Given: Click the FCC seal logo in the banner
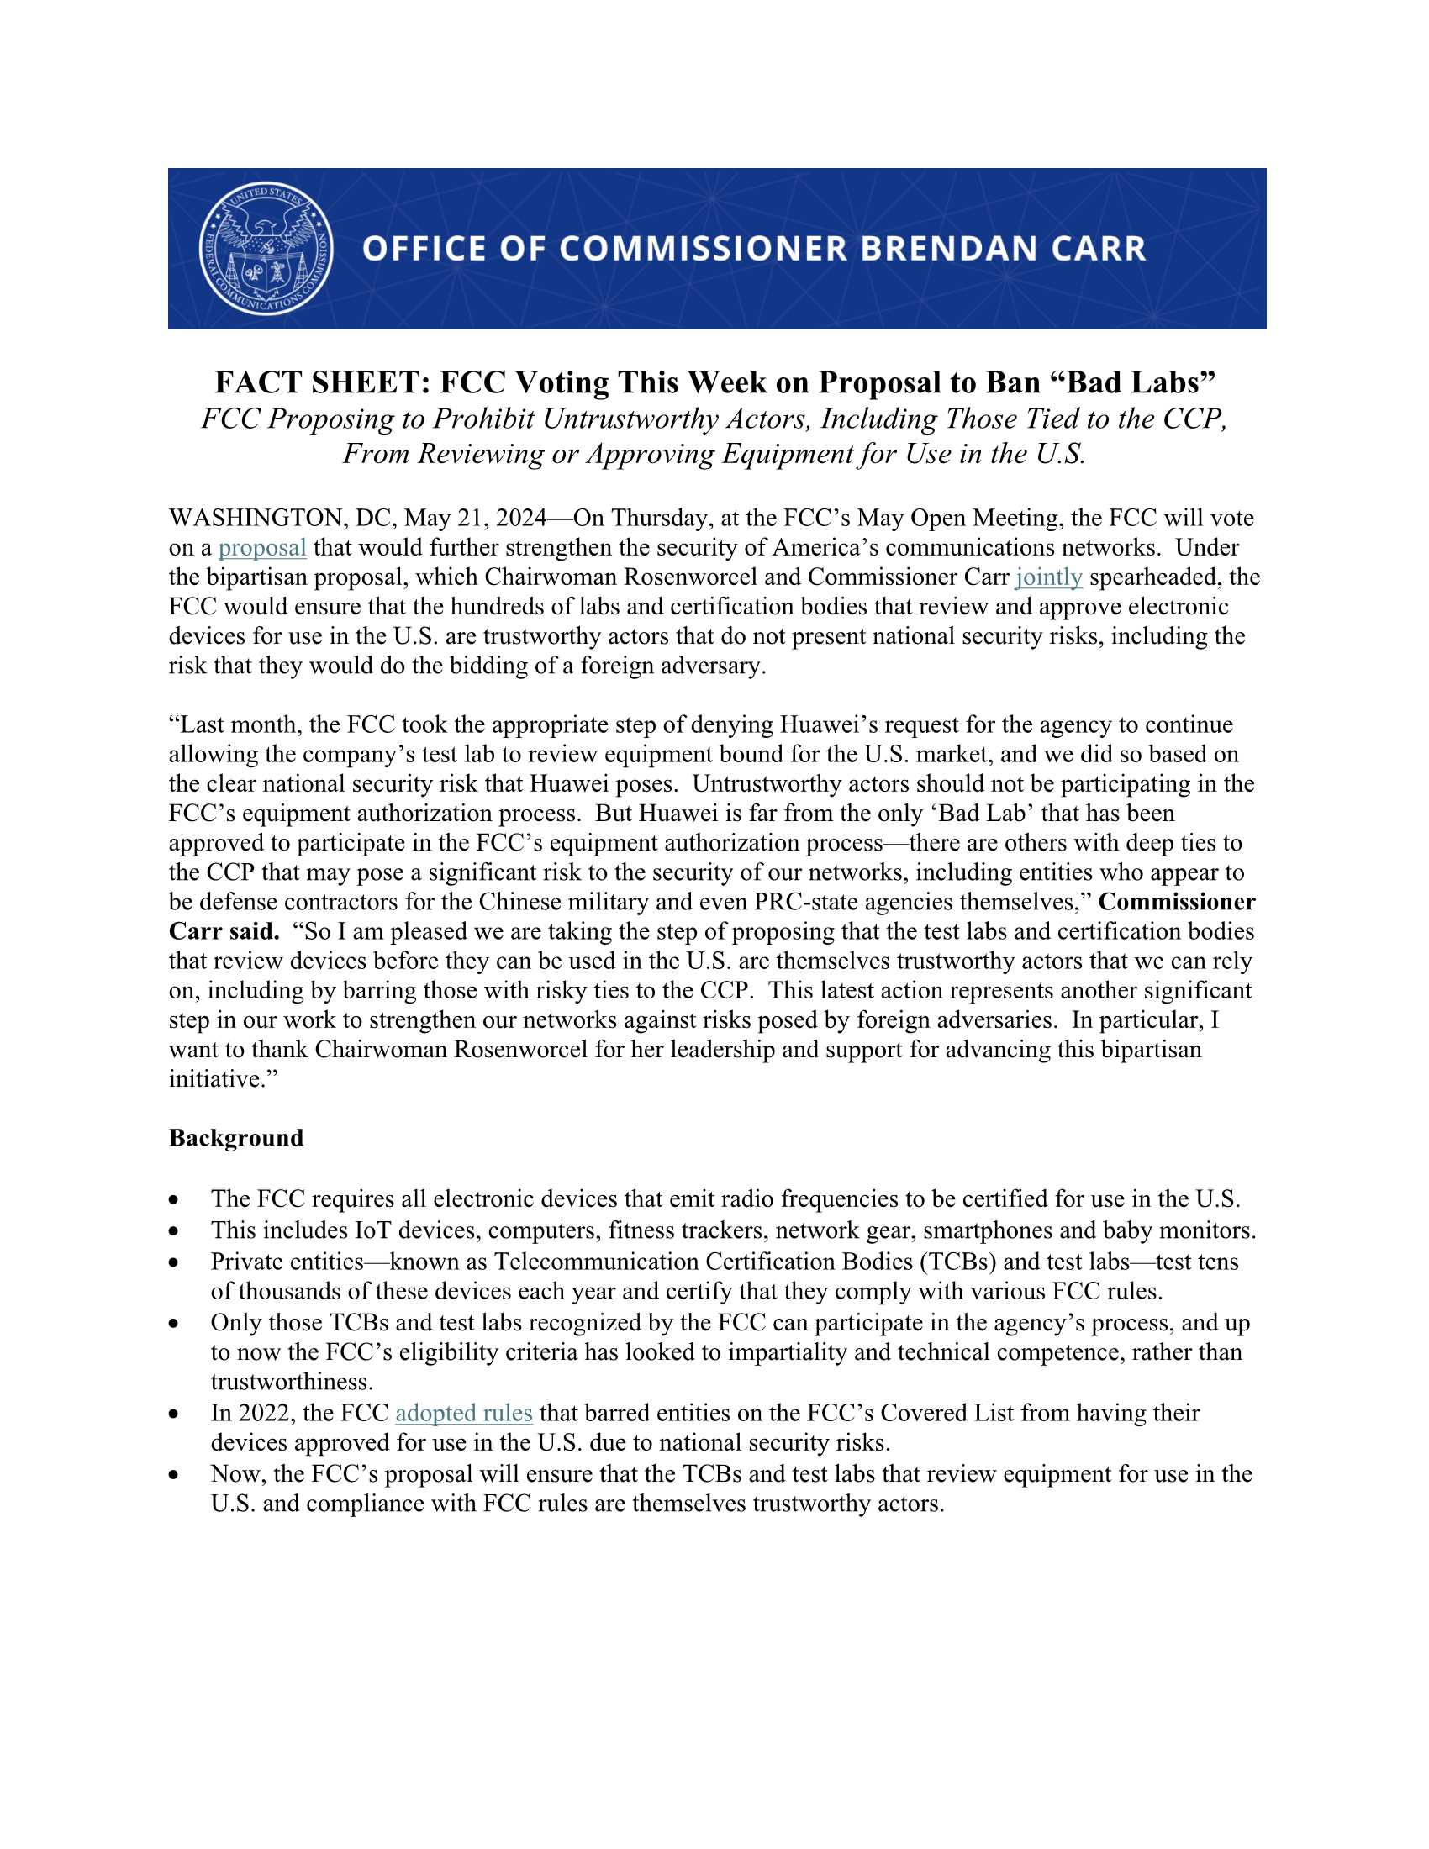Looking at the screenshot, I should click(x=266, y=248).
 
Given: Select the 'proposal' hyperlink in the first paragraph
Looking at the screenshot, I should click(x=261, y=548).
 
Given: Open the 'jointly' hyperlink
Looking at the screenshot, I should click(x=1048, y=577).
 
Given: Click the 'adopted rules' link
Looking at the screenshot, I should click(x=463, y=1413).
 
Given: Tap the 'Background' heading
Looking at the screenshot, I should click(x=235, y=1138).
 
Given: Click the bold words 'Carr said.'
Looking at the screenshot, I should click(x=224, y=931).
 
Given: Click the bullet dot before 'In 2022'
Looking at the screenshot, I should click(x=174, y=1414).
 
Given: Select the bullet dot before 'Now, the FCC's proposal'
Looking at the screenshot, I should click(x=174, y=1475).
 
